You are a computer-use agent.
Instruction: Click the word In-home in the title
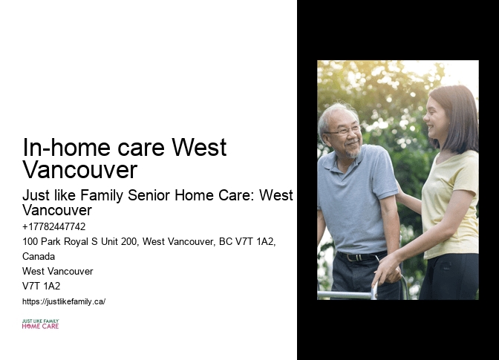(x=59, y=148)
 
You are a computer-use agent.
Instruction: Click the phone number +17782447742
(x=54, y=227)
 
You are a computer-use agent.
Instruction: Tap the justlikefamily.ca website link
(x=64, y=301)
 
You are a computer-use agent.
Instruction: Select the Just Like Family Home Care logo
(x=40, y=324)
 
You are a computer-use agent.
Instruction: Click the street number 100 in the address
(x=30, y=242)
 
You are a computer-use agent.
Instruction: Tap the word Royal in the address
(x=79, y=242)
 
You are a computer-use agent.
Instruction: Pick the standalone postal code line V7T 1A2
(x=42, y=286)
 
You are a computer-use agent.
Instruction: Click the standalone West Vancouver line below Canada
(x=58, y=271)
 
